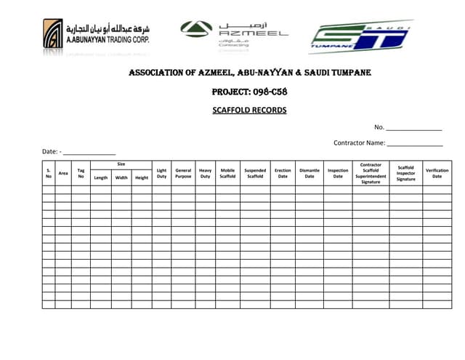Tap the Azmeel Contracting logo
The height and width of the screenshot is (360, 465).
234,34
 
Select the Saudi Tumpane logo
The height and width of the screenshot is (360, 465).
360,37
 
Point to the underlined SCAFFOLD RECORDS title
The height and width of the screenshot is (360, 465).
249,111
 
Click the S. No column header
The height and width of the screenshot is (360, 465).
49,173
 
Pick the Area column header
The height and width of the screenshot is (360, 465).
63,173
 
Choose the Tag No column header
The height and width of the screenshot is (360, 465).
81,173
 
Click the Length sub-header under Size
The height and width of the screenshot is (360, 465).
101,177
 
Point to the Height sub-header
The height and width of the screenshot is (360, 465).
142,177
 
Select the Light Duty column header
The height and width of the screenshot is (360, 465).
161,173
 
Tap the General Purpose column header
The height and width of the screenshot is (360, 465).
183,173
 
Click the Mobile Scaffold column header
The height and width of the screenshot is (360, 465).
227,173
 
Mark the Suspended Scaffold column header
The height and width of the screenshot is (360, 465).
255,173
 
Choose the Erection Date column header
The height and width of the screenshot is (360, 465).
283,173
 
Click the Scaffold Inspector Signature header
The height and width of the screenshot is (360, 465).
405,173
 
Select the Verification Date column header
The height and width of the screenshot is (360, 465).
437,173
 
